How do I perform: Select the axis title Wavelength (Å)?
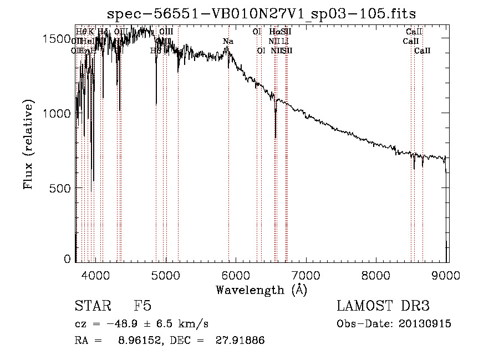click(x=261, y=290)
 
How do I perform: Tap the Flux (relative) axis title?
click(x=29, y=145)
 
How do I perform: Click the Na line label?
click(x=228, y=42)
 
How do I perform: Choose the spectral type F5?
click(x=142, y=306)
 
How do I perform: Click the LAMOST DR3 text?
click(x=383, y=306)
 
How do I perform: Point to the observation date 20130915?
click(x=425, y=324)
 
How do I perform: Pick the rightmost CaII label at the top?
click(x=422, y=51)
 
